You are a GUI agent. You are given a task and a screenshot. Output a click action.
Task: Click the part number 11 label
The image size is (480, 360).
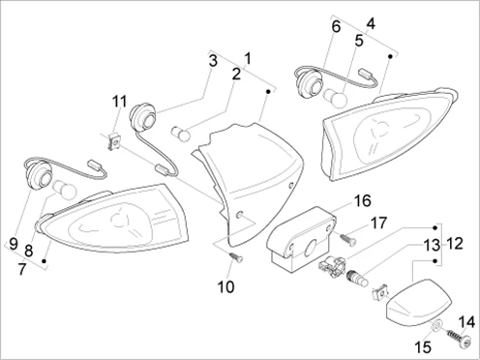(x=119, y=102)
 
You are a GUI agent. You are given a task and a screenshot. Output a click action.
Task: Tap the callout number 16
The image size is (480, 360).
(x=363, y=200)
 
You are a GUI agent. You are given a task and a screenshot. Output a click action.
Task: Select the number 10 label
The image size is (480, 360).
(x=225, y=286)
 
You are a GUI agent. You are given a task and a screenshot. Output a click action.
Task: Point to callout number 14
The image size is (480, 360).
(x=466, y=322)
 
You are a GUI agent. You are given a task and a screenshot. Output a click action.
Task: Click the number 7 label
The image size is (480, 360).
(x=21, y=269)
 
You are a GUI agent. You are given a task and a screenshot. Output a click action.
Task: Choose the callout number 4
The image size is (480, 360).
(x=371, y=23)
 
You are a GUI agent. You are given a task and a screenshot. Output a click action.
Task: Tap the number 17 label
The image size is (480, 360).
(x=378, y=224)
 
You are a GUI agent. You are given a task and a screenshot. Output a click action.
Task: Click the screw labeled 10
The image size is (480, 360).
(x=236, y=257)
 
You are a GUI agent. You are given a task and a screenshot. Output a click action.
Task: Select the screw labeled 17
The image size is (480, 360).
(x=347, y=239)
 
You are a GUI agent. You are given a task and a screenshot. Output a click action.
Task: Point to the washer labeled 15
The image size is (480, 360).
(x=436, y=324)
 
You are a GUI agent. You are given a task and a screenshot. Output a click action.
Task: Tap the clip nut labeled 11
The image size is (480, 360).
(x=114, y=142)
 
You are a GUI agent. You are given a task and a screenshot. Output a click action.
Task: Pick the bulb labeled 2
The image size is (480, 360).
(x=180, y=133)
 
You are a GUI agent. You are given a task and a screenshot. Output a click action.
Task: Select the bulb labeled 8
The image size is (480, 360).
(x=65, y=191)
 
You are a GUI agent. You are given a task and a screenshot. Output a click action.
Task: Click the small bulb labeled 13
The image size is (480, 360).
(x=357, y=279)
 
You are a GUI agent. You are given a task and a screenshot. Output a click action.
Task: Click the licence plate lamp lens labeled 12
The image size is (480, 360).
(x=418, y=302)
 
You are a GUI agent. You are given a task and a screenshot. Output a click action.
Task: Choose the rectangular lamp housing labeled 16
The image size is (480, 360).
(x=301, y=237)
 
